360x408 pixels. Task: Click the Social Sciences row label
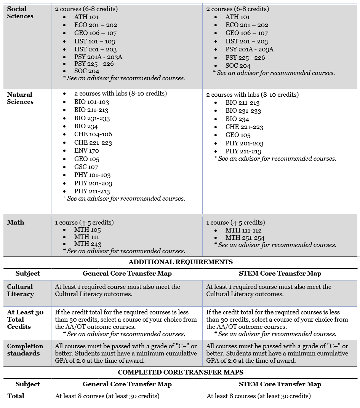coord(20,13)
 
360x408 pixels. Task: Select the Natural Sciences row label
coord(20,98)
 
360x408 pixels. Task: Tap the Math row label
coord(16,222)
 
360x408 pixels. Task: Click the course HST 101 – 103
coord(94,41)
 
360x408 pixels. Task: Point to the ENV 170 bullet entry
coord(86,151)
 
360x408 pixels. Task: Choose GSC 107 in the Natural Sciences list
coord(86,167)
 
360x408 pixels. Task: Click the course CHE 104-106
coord(93,134)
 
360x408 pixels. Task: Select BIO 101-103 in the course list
coord(91,102)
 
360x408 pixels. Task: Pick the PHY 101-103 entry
coord(92,175)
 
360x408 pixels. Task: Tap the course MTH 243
coord(88,244)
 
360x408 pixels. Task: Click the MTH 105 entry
coord(87,230)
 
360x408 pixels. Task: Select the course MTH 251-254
coord(245,238)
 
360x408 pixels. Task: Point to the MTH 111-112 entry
coord(243,230)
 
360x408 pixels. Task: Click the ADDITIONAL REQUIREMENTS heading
coord(181,262)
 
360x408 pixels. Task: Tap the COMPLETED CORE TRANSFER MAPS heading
coord(181,372)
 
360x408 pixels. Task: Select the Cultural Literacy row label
coord(20,290)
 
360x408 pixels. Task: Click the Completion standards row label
coord(25,349)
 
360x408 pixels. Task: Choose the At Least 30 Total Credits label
coord(25,319)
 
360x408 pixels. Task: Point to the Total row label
coord(16,396)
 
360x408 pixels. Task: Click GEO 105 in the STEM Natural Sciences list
coord(238,135)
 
